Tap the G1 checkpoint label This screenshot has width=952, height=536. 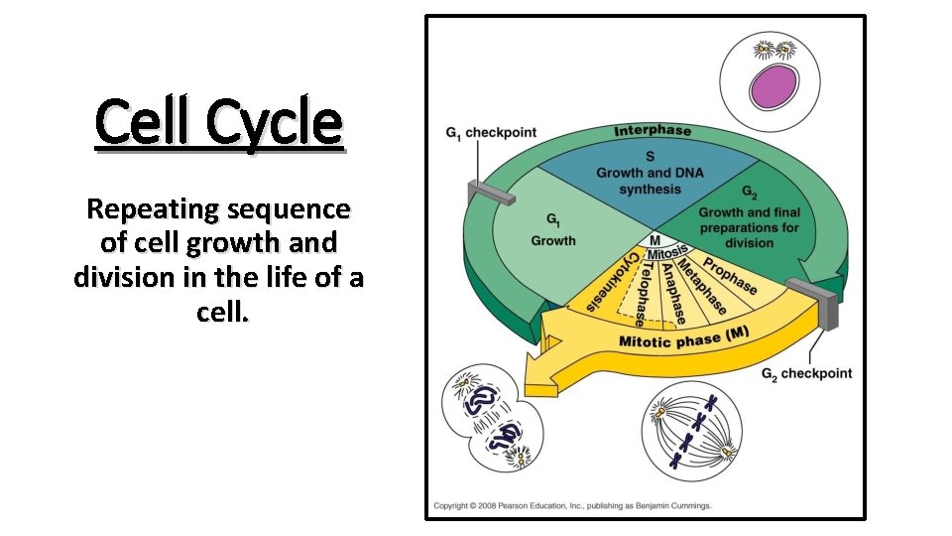[x=491, y=133]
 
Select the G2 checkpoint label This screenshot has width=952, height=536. [x=807, y=374]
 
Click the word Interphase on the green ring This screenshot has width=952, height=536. [x=653, y=131]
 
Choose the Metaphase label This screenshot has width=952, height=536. [x=702, y=286]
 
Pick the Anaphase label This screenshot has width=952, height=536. [x=674, y=294]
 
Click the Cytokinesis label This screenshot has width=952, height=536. [x=611, y=283]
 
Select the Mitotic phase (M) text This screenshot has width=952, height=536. [x=683, y=337]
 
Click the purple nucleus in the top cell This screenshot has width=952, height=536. [x=773, y=87]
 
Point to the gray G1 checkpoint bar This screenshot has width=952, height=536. [x=491, y=192]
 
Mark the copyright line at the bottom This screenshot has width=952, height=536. [x=572, y=505]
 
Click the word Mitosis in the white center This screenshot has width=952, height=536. [x=667, y=251]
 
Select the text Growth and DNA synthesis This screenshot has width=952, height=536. [x=651, y=181]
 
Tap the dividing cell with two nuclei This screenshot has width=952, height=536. [x=492, y=418]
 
